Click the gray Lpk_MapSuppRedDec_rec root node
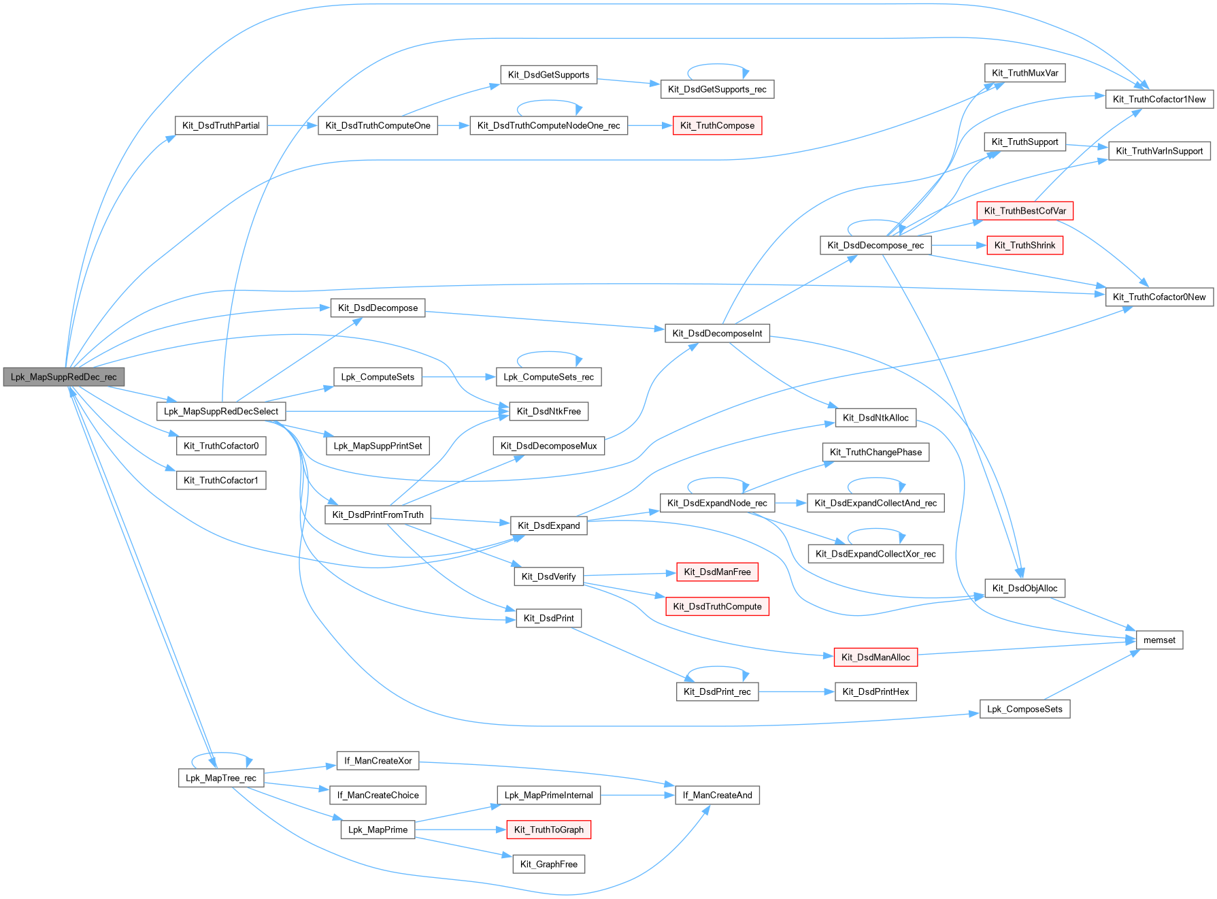[64, 377]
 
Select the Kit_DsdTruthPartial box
[221, 126]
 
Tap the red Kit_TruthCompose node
[717, 126]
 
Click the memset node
[1159, 640]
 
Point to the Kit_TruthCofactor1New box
[1159, 99]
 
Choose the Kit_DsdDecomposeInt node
[717, 333]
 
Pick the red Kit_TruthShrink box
[1024, 246]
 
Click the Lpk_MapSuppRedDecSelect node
[221, 412]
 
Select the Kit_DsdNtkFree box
[548, 412]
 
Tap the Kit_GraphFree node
[548, 864]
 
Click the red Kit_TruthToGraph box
[548, 830]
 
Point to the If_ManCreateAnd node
[717, 796]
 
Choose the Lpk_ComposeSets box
[1024, 709]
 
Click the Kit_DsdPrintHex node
[876, 692]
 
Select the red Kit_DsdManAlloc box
[876, 657]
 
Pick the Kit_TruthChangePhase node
[876, 453]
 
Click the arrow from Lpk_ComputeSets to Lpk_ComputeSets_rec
[459, 377]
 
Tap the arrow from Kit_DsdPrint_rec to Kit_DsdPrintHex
[797, 692]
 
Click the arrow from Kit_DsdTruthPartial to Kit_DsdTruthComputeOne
[293, 126]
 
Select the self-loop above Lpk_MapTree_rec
[222, 754]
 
